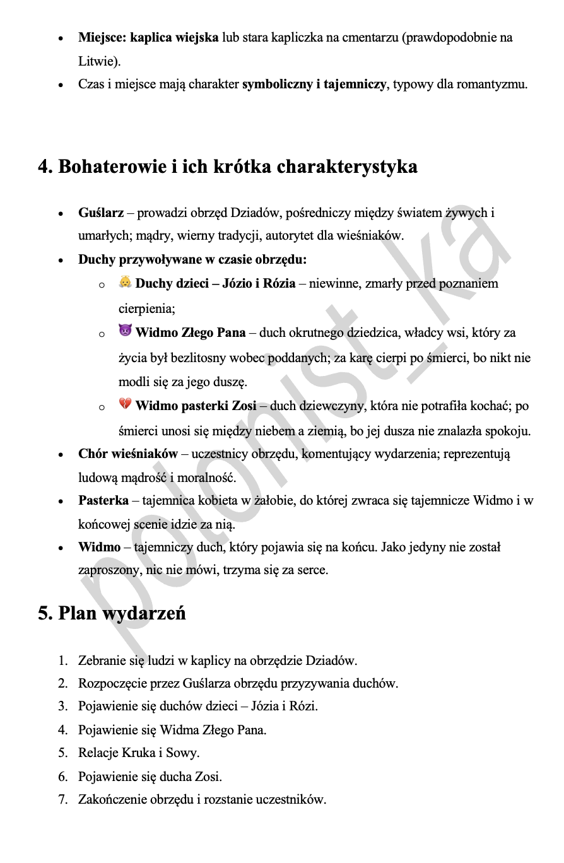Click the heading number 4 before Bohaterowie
(44, 167)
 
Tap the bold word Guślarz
(101, 213)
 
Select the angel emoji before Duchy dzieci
(125, 283)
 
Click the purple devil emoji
(125, 331)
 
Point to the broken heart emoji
(125, 405)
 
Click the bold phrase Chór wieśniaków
(128, 454)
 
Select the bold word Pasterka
(103, 501)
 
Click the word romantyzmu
(495, 84)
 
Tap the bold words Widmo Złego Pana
(191, 332)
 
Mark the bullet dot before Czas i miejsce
(61, 85)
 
